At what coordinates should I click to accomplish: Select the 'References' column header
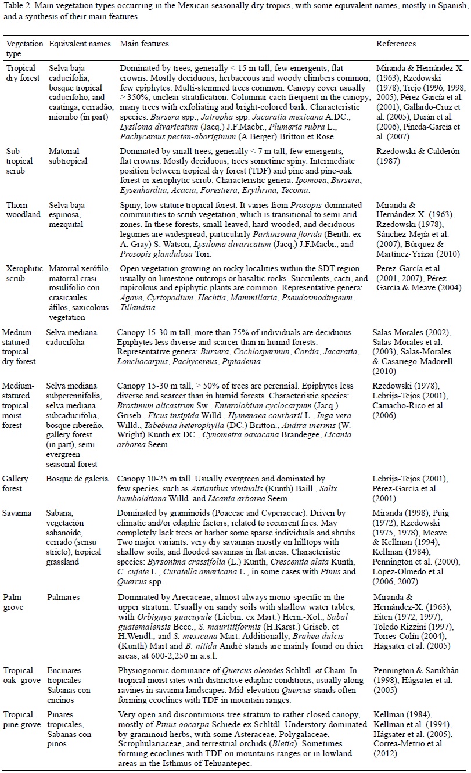click(396, 44)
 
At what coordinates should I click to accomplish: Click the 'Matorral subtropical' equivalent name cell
click(67, 156)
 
